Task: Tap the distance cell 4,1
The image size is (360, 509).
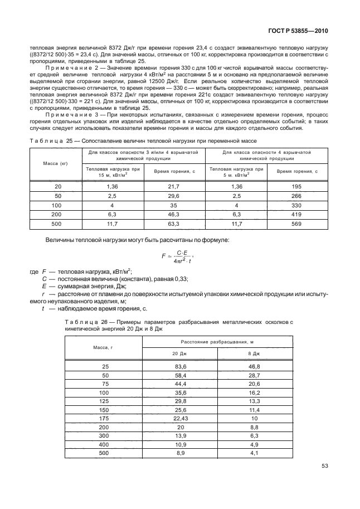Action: point(254,453)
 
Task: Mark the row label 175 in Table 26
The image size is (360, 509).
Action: point(104,418)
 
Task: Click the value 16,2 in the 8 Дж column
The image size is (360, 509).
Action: point(254,392)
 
